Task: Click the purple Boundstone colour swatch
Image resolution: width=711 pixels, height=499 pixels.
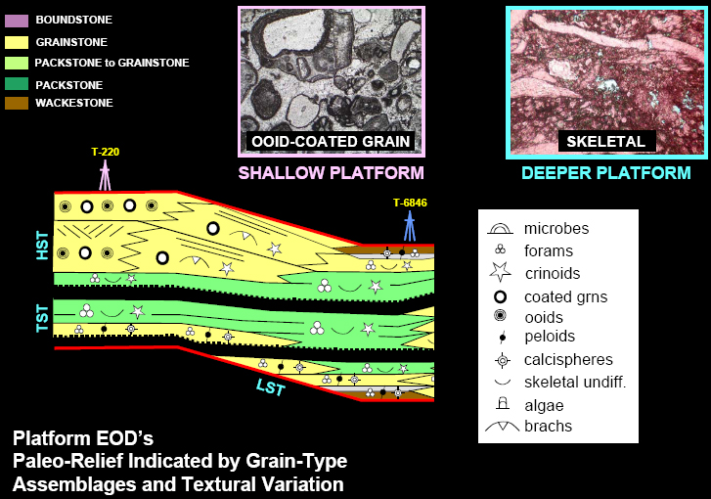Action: point(17,21)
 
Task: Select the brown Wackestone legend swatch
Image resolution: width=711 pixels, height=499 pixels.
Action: point(17,104)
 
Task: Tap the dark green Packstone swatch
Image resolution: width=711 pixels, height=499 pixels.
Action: point(17,84)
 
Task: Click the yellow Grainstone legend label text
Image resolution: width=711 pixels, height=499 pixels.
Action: point(71,42)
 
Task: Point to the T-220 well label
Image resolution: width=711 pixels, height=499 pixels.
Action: point(106,152)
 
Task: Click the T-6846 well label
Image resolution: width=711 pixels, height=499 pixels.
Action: point(410,203)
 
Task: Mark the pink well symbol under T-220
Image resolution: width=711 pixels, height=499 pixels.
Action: point(105,175)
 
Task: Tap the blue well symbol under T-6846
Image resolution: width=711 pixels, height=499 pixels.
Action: point(410,226)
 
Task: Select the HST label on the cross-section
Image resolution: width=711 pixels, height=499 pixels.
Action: point(42,246)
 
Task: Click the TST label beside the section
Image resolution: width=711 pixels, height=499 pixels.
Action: point(42,318)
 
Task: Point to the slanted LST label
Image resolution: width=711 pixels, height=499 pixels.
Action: point(270,386)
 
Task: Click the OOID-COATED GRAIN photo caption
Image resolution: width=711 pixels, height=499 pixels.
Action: point(331,142)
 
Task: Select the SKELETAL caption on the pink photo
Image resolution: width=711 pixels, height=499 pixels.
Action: point(605,142)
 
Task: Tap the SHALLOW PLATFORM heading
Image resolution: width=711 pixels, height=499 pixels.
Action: point(331,173)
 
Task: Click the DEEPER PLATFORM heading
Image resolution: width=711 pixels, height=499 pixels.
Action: point(605,173)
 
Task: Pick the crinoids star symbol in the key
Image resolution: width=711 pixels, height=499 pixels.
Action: point(501,272)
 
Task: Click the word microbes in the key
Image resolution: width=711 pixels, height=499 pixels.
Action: point(556,228)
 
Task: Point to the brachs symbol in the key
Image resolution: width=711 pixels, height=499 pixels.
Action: point(502,426)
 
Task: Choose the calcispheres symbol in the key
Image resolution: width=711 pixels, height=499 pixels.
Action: point(502,361)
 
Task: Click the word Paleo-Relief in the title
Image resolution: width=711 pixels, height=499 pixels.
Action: point(67,461)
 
